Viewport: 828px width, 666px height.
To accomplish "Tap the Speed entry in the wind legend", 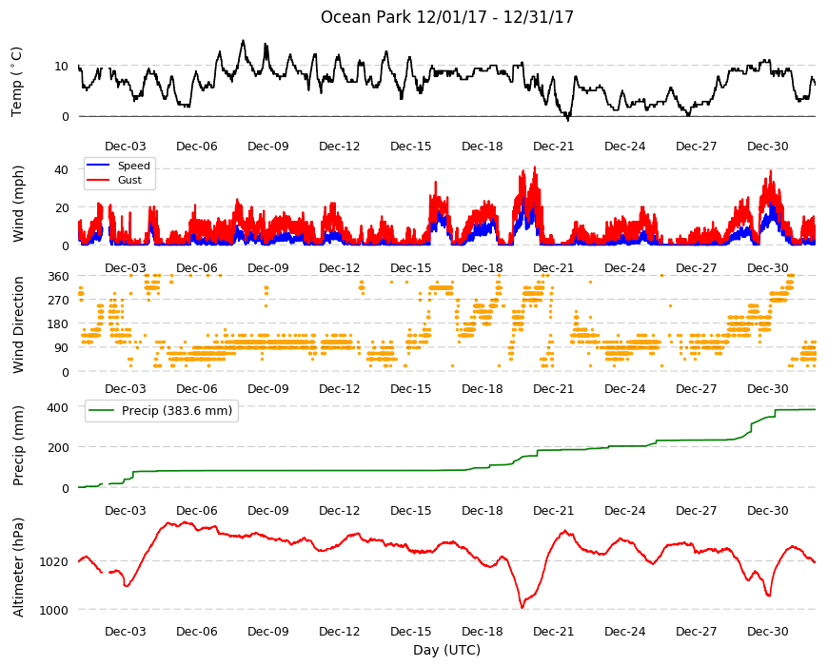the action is point(133,166).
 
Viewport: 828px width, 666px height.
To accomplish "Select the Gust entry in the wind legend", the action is point(129,180).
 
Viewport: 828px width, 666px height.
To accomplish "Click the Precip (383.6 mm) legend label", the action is point(177,411).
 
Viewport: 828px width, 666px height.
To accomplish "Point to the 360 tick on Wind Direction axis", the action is point(58,277).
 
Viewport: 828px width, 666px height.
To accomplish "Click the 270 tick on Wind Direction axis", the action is point(58,301).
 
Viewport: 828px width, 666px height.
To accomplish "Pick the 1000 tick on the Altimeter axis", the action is point(54,610).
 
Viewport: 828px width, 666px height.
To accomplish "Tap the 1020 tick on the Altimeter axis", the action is point(54,562).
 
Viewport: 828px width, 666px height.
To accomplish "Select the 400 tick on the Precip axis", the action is point(58,407).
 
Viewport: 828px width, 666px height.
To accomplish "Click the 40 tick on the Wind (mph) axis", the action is point(62,170).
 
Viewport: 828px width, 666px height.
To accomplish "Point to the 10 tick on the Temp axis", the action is point(62,66).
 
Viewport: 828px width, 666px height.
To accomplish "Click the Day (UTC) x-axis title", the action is point(446,650).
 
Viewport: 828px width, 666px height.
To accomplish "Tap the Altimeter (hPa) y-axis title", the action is point(18,567).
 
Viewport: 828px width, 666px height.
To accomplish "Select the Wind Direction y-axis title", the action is point(18,324).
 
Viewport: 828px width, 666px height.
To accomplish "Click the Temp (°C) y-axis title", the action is point(17,82).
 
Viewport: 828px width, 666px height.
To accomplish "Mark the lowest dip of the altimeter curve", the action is point(522,607).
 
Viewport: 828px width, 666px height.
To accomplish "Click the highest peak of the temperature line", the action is point(243,41).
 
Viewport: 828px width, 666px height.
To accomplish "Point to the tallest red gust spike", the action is point(535,167).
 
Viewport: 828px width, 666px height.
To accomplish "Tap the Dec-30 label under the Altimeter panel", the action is point(767,631).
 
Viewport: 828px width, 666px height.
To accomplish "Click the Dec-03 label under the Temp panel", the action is point(125,147).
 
